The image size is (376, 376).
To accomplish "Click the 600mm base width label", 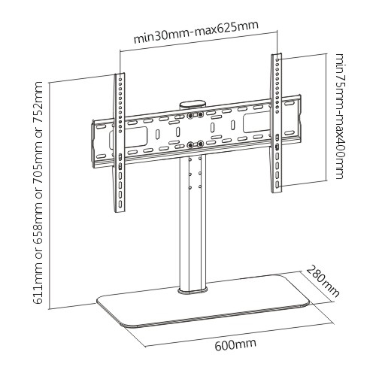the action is click(x=235, y=344).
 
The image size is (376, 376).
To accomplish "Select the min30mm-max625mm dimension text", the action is click(x=196, y=32).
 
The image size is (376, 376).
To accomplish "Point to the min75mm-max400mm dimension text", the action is click(x=341, y=116).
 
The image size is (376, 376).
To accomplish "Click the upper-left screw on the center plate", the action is click(x=190, y=116).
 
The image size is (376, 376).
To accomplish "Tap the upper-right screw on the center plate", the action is click(x=200, y=115).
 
